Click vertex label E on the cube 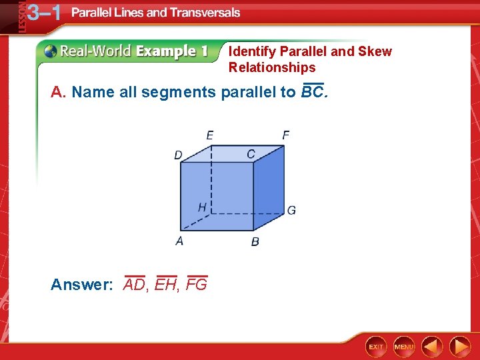pyautogui.click(x=210, y=135)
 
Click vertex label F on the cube pyautogui.click(x=285, y=135)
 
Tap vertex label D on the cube pyautogui.click(x=178, y=155)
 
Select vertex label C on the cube pyautogui.click(x=251, y=154)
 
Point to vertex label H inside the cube pyautogui.click(x=201, y=207)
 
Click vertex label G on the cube pyautogui.click(x=291, y=211)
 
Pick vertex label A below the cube pyautogui.click(x=179, y=241)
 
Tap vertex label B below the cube pyautogui.click(x=255, y=241)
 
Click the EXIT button pyautogui.click(x=377, y=347)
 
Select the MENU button pyautogui.click(x=404, y=347)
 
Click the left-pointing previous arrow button pyautogui.click(x=432, y=347)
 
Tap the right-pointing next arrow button pyautogui.click(x=459, y=347)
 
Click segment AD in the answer pyautogui.click(x=135, y=285)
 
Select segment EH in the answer pyautogui.click(x=165, y=285)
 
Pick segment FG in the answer pyautogui.click(x=197, y=285)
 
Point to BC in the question pyautogui.click(x=312, y=92)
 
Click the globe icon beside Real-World pyautogui.click(x=50, y=51)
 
